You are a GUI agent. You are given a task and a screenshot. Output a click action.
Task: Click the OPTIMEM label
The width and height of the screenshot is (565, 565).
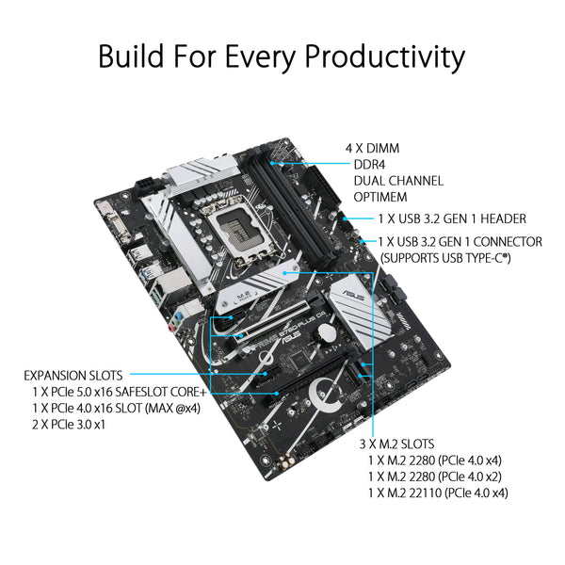385,198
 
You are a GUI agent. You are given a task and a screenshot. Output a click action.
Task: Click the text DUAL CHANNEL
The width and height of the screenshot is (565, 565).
398,181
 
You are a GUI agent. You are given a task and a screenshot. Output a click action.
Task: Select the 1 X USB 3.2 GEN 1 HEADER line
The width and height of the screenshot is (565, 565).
451,218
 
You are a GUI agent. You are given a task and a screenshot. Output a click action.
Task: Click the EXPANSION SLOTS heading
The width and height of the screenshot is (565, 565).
73,374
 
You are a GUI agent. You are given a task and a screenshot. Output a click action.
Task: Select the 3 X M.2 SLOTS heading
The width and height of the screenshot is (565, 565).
410,444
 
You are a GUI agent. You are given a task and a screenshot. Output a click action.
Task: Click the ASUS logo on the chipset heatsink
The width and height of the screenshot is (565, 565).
357,292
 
